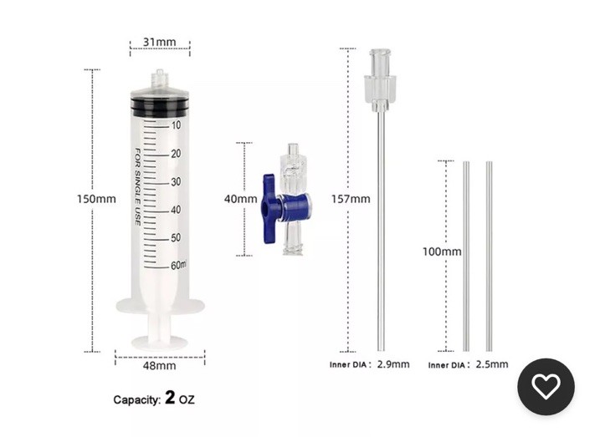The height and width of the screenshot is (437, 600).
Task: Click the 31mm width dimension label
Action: [160, 42]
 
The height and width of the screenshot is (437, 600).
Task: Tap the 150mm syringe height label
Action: [96, 199]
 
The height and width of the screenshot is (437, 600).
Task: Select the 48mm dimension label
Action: [160, 366]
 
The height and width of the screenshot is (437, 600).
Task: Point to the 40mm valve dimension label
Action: [241, 199]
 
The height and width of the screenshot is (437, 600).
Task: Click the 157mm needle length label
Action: [351, 199]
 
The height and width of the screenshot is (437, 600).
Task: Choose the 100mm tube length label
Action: [442, 252]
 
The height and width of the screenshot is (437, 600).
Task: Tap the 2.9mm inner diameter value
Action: [393, 364]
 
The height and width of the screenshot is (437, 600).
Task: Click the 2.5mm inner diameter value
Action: [492, 364]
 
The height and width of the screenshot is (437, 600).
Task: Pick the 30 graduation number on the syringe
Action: [176, 181]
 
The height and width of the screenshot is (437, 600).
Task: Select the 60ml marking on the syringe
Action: [179, 265]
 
